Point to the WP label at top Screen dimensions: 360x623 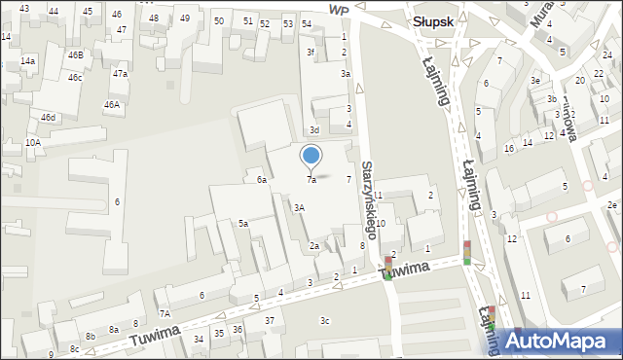[339, 9]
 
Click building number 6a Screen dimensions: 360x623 [262, 180]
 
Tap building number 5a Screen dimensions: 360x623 [245, 224]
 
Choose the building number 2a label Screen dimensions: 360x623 [314, 246]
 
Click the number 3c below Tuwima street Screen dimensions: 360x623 [325, 321]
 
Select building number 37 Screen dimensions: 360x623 [270, 321]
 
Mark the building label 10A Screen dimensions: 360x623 [33, 143]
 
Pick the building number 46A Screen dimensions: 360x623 [112, 104]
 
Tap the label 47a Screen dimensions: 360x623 [120, 74]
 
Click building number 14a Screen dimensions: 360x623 [28, 61]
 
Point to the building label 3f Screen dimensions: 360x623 [311, 52]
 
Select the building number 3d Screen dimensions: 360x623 [313, 130]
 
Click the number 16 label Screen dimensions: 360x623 [509, 148]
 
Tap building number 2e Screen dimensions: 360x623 [611, 205]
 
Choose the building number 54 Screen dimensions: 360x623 [307, 23]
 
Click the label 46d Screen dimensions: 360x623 [48, 118]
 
